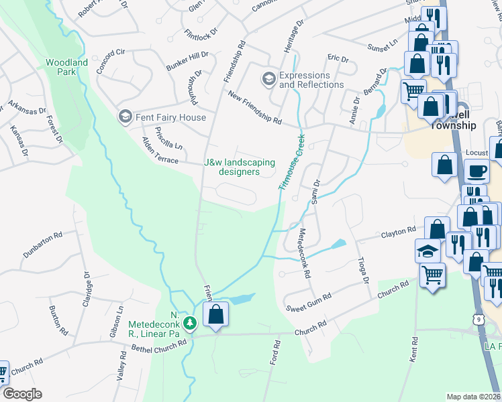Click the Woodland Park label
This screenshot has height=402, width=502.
(x=66, y=67)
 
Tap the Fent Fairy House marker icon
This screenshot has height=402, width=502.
(x=124, y=117)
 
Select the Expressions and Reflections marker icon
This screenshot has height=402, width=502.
(x=269, y=80)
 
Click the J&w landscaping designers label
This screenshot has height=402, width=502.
(x=240, y=167)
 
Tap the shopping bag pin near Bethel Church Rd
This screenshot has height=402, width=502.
(x=216, y=314)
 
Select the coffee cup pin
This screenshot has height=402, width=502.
(x=476, y=171)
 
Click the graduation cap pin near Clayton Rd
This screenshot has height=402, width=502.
(x=428, y=251)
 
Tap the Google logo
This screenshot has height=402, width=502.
(x=21, y=394)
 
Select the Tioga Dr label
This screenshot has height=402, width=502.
(x=364, y=270)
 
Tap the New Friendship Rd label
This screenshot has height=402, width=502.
(x=254, y=108)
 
